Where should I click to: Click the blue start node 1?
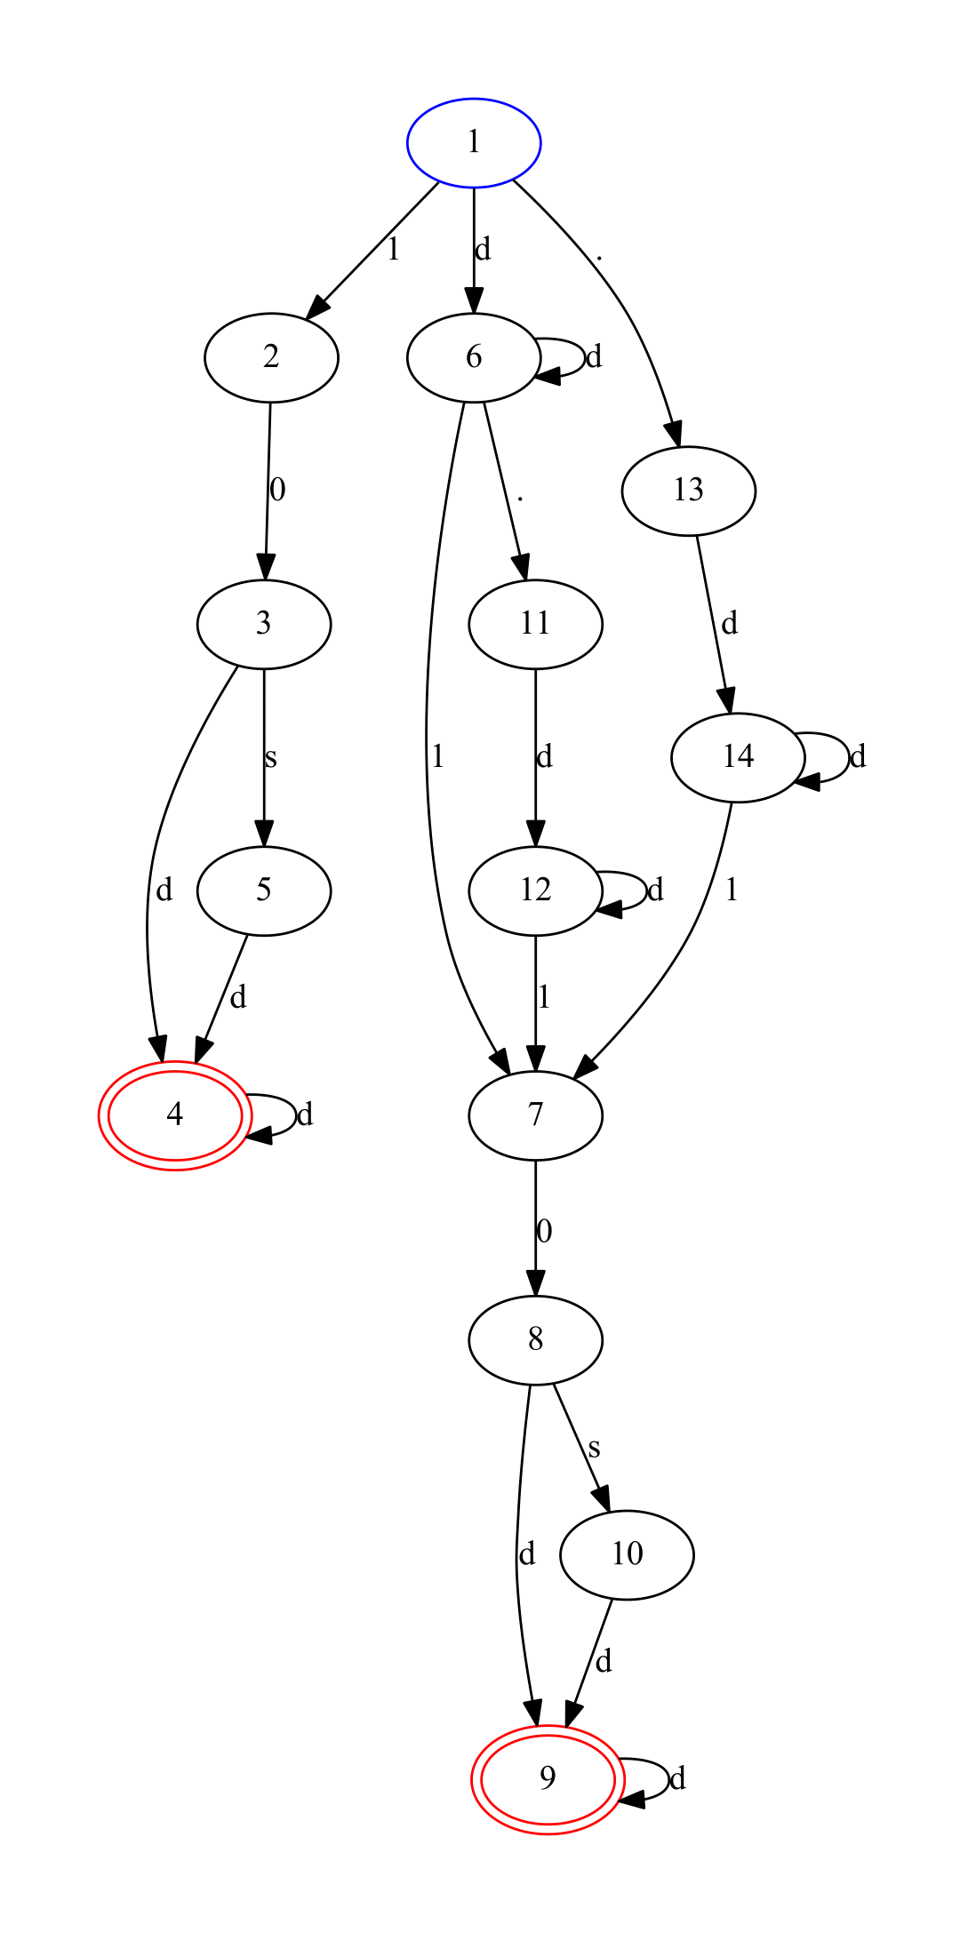pos(474,142)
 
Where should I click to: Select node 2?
pos(271,357)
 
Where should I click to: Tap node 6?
pos(474,357)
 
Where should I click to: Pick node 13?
pos(689,491)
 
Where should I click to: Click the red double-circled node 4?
pos(175,1114)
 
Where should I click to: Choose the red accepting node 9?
pos(548,1778)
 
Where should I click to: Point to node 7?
pos(535,1114)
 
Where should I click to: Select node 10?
pos(627,1554)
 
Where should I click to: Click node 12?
pos(535,891)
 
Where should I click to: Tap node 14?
pos(738,757)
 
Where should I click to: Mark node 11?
pos(535,624)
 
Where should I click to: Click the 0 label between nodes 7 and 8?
pos(545,1232)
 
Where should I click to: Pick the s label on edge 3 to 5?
pos(271,758)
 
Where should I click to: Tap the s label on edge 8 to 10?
pos(595,1449)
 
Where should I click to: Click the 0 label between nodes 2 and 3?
pos(277,490)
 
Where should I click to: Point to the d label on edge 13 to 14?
pos(730,624)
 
